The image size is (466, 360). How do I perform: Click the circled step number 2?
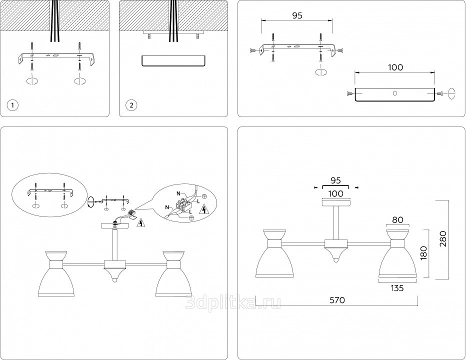(x=131, y=105)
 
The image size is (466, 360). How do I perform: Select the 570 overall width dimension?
(x=336, y=300)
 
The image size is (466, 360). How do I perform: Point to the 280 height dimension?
(x=442, y=239)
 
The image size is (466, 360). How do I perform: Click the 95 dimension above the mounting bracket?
(x=297, y=15)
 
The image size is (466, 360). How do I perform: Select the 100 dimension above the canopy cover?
(x=395, y=67)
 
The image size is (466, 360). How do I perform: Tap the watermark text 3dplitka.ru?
(x=232, y=302)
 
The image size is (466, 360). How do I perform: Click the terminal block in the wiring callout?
(x=183, y=204)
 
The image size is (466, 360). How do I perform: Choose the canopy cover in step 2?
(x=173, y=60)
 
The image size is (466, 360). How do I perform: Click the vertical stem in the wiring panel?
(x=115, y=245)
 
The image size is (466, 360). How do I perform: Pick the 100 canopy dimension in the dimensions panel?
(x=336, y=193)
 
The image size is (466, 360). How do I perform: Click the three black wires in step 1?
(x=55, y=20)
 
